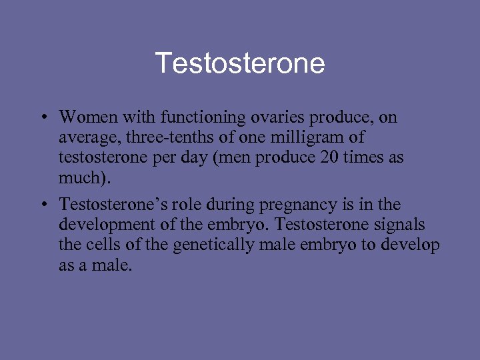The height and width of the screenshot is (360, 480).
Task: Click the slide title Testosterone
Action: (240, 64)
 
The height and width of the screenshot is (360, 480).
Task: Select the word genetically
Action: (209, 245)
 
